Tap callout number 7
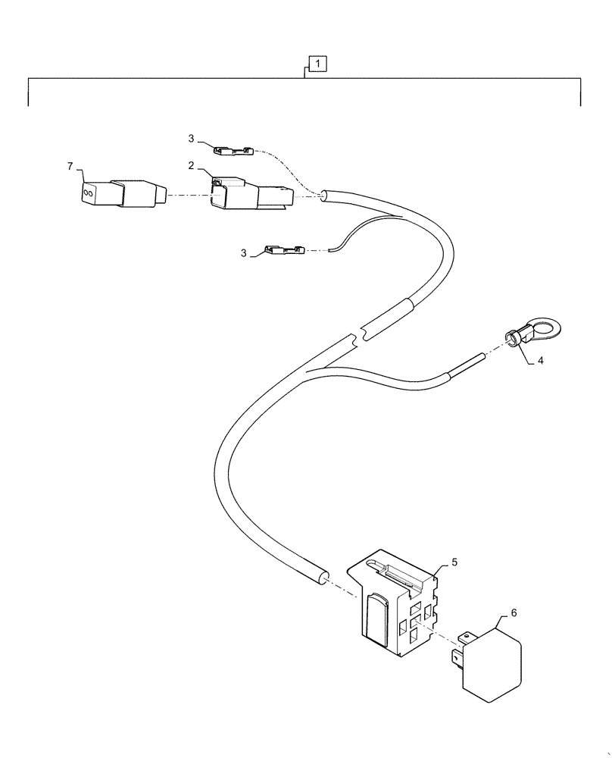(x=70, y=165)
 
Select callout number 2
(x=192, y=165)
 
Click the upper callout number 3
(x=192, y=138)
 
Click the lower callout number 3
(x=244, y=253)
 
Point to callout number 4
(x=540, y=362)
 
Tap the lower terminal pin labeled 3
(x=284, y=249)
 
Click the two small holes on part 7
(x=89, y=193)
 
